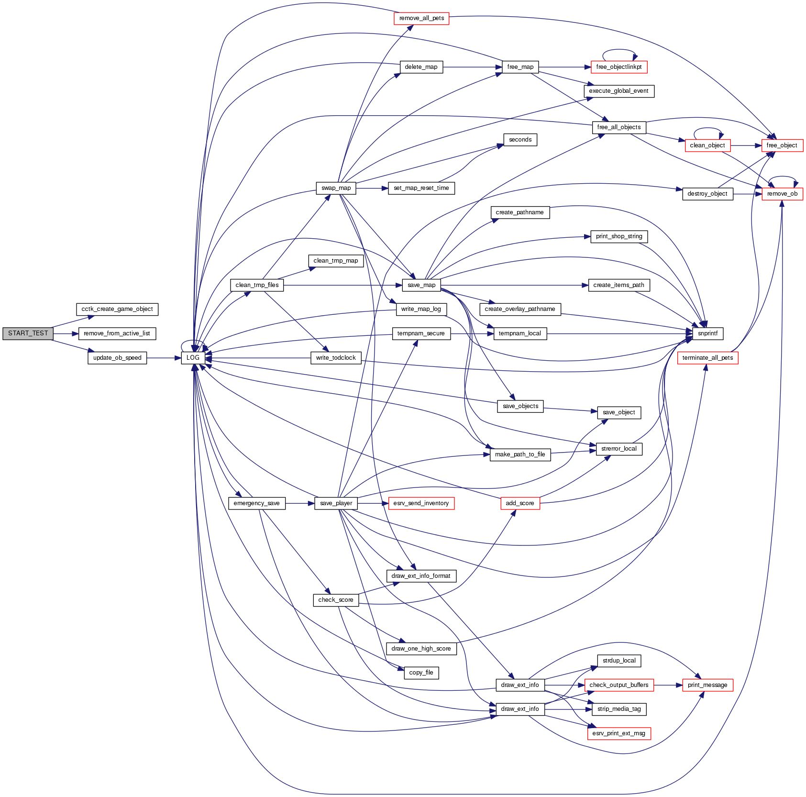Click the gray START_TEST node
click(28, 333)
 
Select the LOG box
click(193, 358)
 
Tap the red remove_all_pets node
click(421, 18)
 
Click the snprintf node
click(707, 333)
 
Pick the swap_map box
click(336, 188)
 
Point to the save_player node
click(336, 503)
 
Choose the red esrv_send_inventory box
click(421, 503)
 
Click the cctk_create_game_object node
click(117, 309)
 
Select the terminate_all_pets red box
click(707, 358)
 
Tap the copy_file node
click(421, 673)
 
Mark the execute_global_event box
click(618, 91)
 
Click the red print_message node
click(707, 685)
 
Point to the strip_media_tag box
click(619, 709)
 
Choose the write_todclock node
click(336, 358)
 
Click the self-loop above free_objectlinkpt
click(619, 50)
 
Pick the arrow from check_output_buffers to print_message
click(668, 685)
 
